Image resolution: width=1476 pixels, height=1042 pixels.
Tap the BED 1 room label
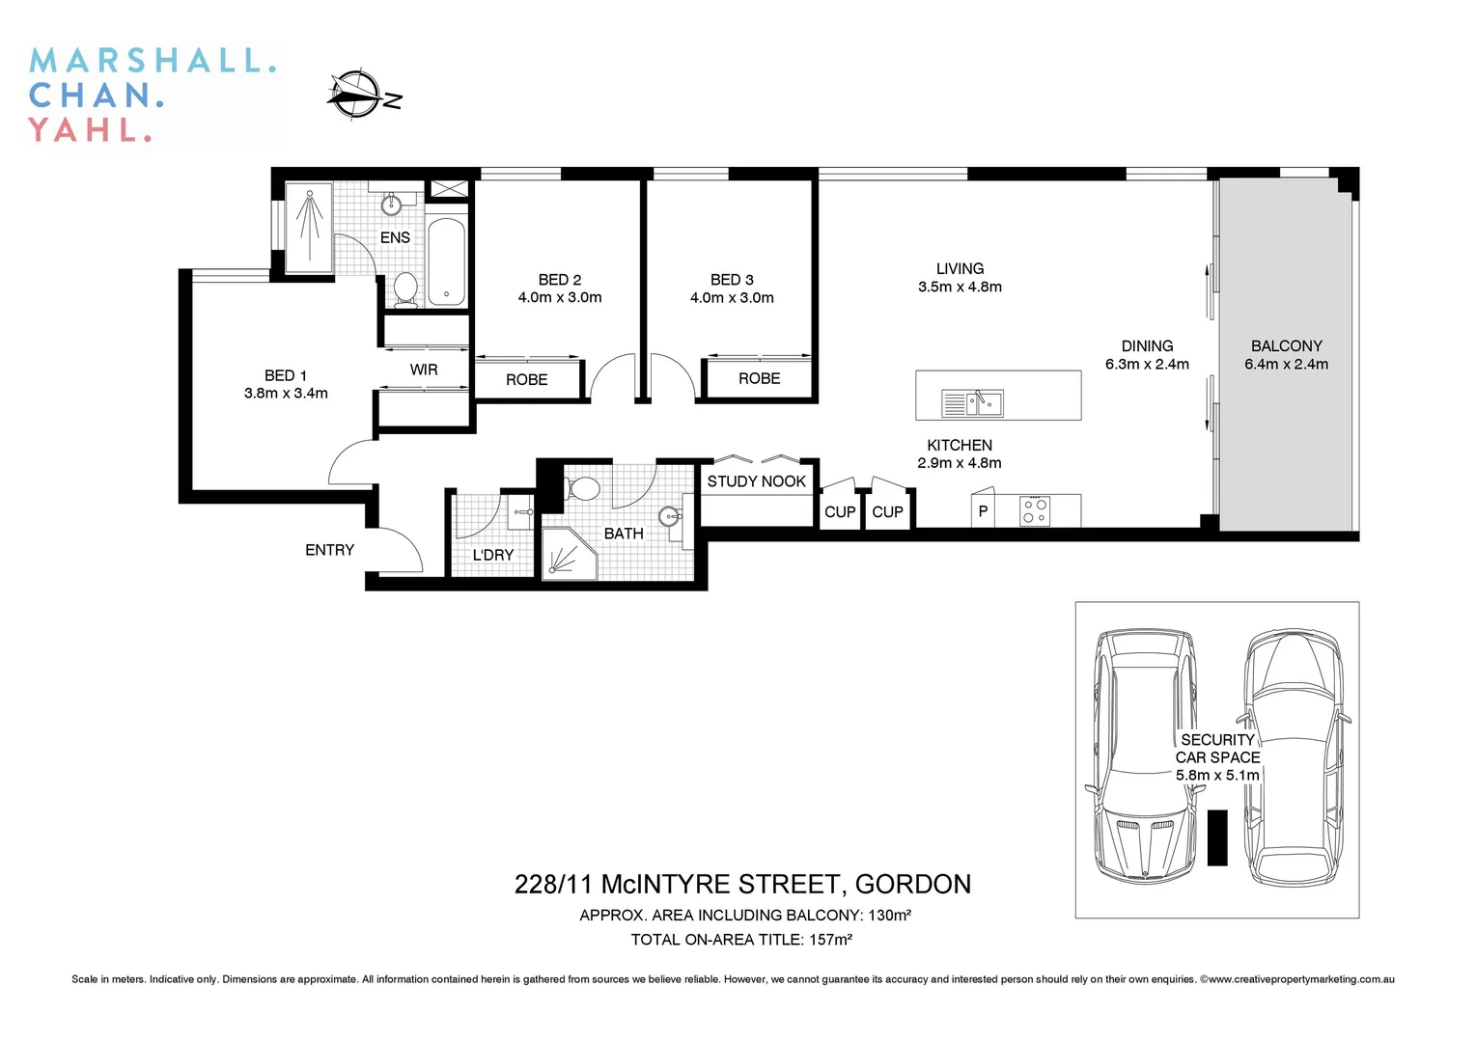point(286,375)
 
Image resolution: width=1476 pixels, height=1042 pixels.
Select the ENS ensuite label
point(395,237)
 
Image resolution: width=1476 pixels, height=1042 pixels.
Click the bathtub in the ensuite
point(446,262)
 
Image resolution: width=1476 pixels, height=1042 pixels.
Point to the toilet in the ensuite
point(405,288)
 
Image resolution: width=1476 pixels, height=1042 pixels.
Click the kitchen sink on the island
point(972,403)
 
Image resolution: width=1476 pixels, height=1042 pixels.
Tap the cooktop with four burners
point(1035,510)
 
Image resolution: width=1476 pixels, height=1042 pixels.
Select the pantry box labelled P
point(983,511)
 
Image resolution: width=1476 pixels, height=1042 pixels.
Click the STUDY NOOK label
point(756,481)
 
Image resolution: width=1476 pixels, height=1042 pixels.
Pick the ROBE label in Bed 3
point(759,378)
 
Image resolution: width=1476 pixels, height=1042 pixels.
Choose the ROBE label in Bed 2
point(526,379)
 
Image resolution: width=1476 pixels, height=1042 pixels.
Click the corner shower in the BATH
point(567,554)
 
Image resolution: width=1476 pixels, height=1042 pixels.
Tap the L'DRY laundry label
point(492,555)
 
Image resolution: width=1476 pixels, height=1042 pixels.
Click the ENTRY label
point(329,550)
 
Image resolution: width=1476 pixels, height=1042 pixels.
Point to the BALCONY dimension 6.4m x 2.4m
point(1286,365)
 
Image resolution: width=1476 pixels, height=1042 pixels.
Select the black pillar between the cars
point(1217,836)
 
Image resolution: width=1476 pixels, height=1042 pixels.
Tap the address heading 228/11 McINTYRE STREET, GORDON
point(742,884)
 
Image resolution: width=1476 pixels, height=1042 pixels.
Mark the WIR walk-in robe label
point(423,370)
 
